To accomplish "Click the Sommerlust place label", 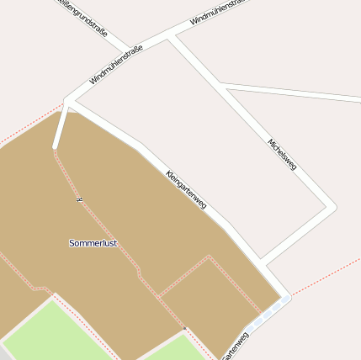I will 93,243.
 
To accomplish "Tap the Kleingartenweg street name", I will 186,189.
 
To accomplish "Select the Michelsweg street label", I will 282,154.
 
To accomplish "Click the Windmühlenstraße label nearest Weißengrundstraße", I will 116,66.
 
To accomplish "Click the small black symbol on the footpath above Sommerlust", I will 78,199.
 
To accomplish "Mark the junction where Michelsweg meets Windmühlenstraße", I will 171,37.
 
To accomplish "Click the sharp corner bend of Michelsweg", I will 332,206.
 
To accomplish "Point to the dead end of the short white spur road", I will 56,147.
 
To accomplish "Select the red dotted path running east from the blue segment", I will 328,274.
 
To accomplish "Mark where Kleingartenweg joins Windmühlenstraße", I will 70,102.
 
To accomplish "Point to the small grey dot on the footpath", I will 184,327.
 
